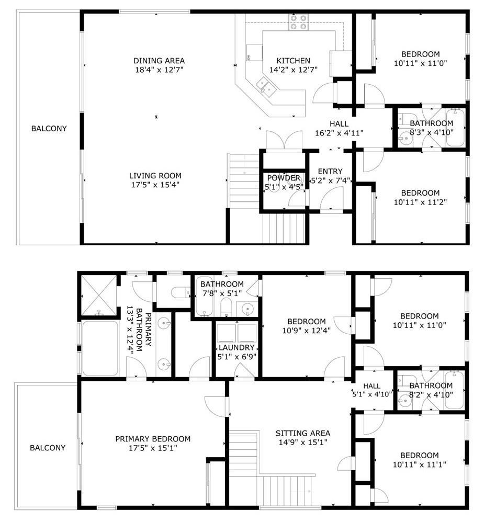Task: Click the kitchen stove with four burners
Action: (x=298, y=22)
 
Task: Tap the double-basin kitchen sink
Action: (x=266, y=85)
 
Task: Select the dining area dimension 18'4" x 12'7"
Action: (x=159, y=70)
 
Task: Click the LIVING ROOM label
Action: (x=155, y=176)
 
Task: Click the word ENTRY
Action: (x=330, y=172)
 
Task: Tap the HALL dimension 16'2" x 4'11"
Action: (x=339, y=133)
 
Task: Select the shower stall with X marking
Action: (x=99, y=294)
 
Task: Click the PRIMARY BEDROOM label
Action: (x=153, y=439)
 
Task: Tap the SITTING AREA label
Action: (x=303, y=434)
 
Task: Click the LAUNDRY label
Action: (x=236, y=347)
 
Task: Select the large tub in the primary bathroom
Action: (x=100, y=348)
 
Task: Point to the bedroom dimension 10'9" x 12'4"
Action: (x=307, y=331)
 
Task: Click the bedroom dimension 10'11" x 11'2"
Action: (x=420, y=202)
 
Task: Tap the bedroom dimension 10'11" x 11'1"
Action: (x=420, y=464)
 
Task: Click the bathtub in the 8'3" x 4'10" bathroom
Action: (x=455, y=128)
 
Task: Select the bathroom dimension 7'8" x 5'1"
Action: (x=222, y=293)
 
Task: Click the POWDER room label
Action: (x=284, y=178)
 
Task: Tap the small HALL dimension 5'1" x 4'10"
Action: (x=372, y=394)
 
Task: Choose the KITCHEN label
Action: (x=294, y=61)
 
